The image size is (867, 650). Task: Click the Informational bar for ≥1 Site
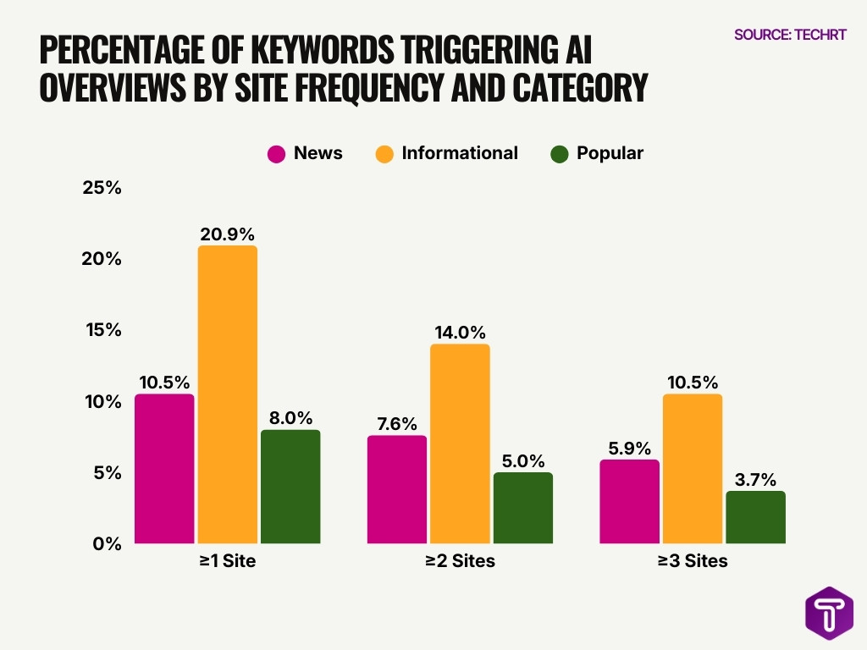227,394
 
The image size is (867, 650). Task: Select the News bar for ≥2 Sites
396,489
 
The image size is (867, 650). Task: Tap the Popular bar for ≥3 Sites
755,517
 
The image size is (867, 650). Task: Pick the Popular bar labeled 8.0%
290,487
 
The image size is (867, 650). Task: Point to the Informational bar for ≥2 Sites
460,443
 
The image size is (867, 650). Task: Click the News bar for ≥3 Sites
629,501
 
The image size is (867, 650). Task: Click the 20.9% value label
227,234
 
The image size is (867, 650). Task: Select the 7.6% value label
396,423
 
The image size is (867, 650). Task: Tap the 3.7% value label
755,479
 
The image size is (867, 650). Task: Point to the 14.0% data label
460,332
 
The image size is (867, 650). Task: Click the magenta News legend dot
276,154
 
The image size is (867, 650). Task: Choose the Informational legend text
460,153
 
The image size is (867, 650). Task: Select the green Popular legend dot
559,154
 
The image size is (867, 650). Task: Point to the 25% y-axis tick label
102,188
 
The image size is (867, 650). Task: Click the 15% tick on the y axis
102,330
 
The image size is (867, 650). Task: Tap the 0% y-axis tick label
107,544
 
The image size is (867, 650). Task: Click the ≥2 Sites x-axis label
460,561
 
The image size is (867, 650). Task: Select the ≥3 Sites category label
692,561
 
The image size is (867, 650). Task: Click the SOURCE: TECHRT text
790,35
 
